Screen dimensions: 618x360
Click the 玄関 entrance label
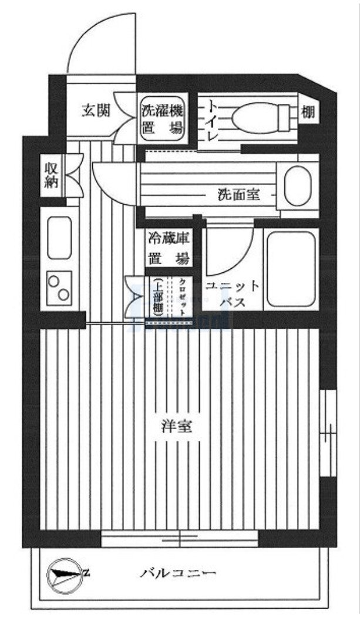pos(95,110)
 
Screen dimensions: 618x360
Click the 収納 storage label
pos(51,174)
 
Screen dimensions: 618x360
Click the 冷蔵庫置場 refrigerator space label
pos(168,248)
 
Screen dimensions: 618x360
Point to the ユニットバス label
pos(232,294)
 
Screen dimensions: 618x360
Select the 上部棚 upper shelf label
pos(157,296)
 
